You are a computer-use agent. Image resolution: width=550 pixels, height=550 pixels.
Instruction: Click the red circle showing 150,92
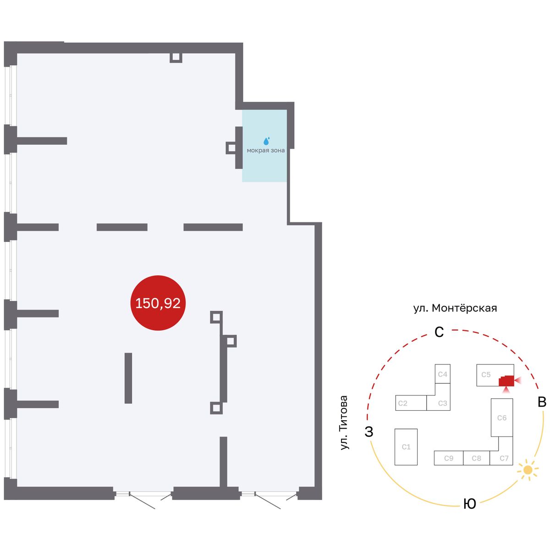point(158,302)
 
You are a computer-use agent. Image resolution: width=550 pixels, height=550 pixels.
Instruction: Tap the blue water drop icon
point(266,141)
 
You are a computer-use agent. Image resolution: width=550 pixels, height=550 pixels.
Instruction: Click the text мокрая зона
point(265,150)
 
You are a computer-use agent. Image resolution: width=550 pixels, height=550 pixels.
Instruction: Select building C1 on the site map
point(406,447)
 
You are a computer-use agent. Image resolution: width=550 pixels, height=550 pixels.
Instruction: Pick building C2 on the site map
point(411,403)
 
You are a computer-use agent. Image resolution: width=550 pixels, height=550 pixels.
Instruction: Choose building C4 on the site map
point(442,374)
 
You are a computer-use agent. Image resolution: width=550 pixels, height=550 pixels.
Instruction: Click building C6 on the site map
point(501,417)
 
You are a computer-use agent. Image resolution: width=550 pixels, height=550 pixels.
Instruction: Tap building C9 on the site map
point(448,458)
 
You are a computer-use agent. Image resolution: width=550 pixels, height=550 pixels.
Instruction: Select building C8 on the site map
point(476,458)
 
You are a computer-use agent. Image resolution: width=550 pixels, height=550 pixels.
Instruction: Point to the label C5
point(486,374)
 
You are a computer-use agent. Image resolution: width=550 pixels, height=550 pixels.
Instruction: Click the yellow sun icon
point(528,469)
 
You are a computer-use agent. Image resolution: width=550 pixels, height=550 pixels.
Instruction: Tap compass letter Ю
point(469,503)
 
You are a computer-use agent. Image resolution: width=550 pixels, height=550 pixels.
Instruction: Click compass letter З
point(369,431)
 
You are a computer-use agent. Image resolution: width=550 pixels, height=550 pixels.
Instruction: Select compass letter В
point(542,401)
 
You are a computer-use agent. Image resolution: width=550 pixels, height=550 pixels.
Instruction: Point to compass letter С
point(439,332)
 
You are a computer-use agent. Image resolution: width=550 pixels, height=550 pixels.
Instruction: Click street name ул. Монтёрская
point(455,308)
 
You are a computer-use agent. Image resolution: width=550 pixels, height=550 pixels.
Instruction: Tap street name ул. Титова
point(344,423)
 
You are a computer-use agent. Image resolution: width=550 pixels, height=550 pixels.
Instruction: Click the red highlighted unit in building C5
point(506,381)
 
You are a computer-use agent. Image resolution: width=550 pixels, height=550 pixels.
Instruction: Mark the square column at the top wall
point(176,57)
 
